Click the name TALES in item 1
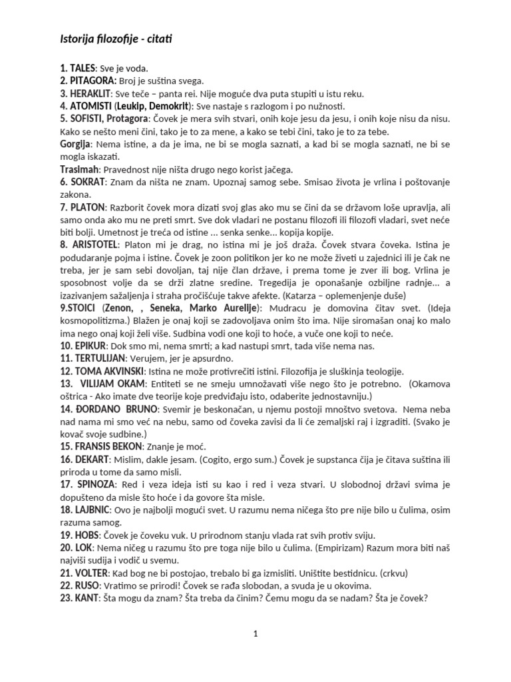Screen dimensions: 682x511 click(83, 69)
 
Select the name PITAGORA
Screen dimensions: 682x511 click(91, 81)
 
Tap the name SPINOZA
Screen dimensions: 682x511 click(95, 484)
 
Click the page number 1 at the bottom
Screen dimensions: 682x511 click(255, 634)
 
